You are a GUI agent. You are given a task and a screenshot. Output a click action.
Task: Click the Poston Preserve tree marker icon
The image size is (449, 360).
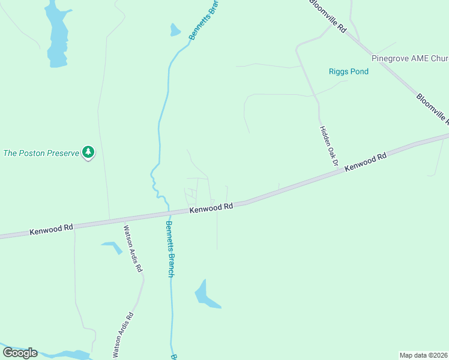(88, 152)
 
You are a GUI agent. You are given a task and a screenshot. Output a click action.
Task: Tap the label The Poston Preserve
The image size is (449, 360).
(41, 153)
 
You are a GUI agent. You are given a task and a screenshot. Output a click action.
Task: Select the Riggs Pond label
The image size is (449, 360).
(348, 71)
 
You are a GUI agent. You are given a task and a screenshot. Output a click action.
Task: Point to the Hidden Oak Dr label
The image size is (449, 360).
(329, 146)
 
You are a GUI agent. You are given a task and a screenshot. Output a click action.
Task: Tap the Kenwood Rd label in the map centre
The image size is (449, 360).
(211, 208)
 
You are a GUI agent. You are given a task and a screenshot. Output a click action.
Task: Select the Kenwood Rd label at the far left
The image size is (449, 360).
(51, 229)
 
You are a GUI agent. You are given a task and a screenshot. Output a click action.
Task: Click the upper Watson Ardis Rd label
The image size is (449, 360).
(133, 248)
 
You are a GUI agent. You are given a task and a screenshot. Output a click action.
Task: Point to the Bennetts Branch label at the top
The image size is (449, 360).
(202, 20)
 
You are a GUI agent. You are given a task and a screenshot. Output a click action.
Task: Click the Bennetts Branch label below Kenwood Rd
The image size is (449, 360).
(170, 249)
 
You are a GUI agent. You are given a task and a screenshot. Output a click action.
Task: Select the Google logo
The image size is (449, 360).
(20, 353)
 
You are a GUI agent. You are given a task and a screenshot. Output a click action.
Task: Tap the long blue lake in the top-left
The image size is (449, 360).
(58, 36)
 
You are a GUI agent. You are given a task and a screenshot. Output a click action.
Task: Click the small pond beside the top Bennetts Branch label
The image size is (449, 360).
(175, 30)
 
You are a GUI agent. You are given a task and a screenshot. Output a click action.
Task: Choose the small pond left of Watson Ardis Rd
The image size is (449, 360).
(113, 246)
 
